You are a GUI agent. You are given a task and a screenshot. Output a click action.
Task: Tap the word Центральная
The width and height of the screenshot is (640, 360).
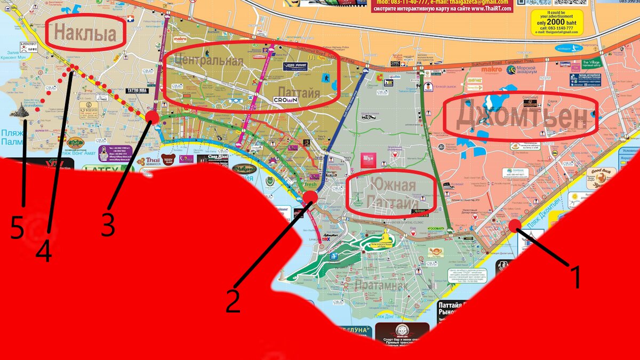coord(209,60)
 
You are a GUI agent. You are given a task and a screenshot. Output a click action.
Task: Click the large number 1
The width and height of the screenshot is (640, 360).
coord(574,277)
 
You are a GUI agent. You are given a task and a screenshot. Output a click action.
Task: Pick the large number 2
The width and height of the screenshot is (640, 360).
coord(233,300)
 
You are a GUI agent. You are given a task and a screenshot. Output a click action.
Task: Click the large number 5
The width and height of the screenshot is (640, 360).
coord(17,229)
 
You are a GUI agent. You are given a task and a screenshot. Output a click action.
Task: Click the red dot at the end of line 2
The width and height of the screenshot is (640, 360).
coord(310,198)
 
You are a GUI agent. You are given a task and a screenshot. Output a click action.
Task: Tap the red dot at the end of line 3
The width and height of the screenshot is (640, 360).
coord(152,117)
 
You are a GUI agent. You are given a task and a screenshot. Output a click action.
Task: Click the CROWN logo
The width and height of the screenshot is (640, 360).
coord(285,100)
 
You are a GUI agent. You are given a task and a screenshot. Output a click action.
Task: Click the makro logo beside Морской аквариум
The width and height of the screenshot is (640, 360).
coord(492,69)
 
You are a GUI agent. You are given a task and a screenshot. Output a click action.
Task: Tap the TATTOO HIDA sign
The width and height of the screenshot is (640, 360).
coord(137,91)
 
